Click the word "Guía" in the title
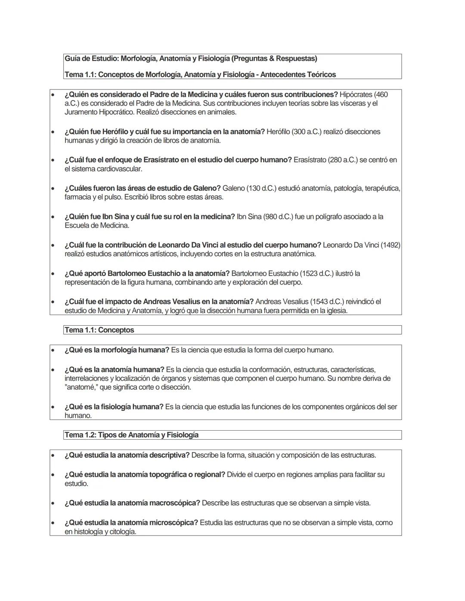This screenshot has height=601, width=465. tap(72, 59)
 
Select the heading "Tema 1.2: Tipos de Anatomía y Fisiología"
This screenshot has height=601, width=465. tap(131, 435)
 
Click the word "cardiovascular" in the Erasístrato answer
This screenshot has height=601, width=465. tap(119, 169)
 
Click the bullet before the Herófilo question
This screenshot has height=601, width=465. tap(53, 132)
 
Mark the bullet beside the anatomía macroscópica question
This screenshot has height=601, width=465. tap(53, 503)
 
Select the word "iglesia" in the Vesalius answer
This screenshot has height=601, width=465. tap(334, 311)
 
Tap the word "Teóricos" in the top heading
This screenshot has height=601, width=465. tap(322, 75)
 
